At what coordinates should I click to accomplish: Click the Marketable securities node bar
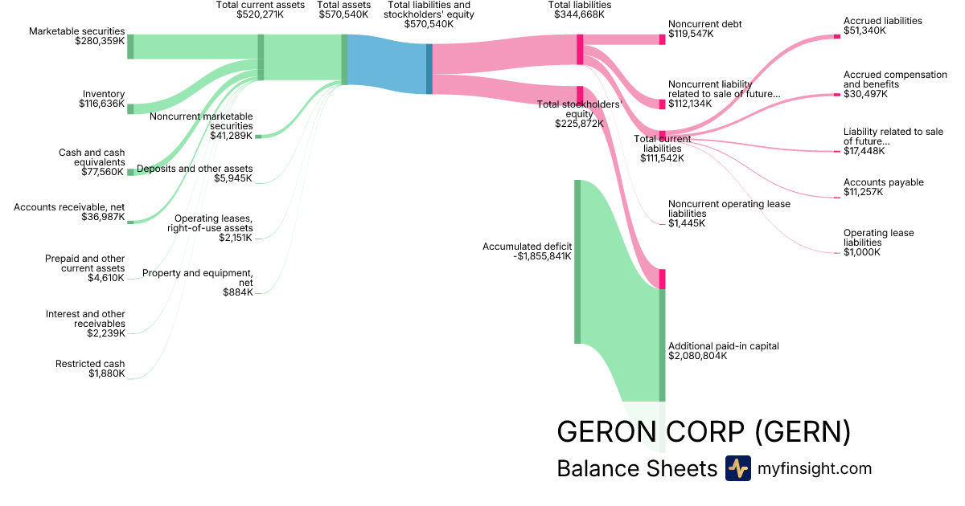(x=130, y=47)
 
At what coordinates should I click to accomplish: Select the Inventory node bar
(x=130, y=108)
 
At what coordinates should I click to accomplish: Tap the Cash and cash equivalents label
(x=92, y=157)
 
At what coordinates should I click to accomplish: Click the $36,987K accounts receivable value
(x=103, y=217)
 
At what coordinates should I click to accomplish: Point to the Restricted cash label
(x=90, y=364)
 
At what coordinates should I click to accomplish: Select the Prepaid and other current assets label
(x=85, y=263)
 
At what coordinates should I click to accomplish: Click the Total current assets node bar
(x=261, y=57)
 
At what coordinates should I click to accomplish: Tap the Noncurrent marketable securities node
(x=258, y=137)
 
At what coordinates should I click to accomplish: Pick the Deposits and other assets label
(x=195, y=169)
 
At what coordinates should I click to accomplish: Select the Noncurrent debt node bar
(x=662, y=39)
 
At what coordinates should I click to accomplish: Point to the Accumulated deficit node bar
(x=577, y=262)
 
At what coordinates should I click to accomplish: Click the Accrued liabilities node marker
(x=836, y=36)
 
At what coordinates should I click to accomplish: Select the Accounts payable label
(x=884, y=182)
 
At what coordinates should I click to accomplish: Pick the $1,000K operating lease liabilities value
(x=862, y=252)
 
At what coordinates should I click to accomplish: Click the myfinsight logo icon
(x=737, y=468)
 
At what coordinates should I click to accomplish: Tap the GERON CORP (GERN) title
(x=704, y=432)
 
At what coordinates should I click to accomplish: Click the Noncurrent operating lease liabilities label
(x=729, y=209)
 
